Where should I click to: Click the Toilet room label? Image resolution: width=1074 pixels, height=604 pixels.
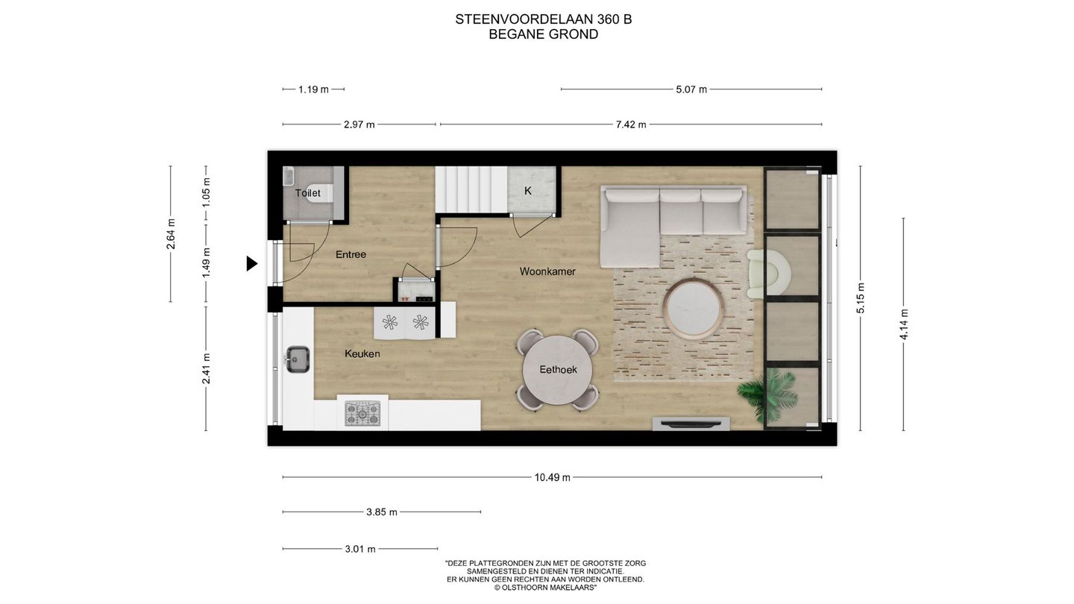307,193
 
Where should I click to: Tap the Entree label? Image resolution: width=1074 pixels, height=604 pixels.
351,254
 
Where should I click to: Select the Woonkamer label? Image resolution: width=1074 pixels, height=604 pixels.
547,271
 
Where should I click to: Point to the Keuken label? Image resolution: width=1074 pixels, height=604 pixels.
362,353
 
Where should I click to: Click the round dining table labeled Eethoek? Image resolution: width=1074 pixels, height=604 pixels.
559,369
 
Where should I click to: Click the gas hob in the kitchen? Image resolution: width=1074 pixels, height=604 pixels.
362,413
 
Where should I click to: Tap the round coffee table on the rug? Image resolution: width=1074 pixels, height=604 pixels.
693,307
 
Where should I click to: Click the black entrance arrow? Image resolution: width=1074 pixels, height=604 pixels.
252,263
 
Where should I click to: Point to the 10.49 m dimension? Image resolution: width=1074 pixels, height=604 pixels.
552,477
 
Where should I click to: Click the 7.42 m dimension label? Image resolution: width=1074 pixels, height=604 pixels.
630,125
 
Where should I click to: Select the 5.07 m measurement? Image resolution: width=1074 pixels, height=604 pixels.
691,89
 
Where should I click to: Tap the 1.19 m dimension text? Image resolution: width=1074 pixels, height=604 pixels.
313,89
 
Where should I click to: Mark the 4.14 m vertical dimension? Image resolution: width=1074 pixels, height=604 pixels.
904,324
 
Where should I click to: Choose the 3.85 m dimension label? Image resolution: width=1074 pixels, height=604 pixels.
382,512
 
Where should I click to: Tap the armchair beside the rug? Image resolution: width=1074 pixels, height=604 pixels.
768,272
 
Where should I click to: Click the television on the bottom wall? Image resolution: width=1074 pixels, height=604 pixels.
691,424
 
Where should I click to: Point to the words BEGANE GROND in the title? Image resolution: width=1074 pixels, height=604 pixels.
543,34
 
